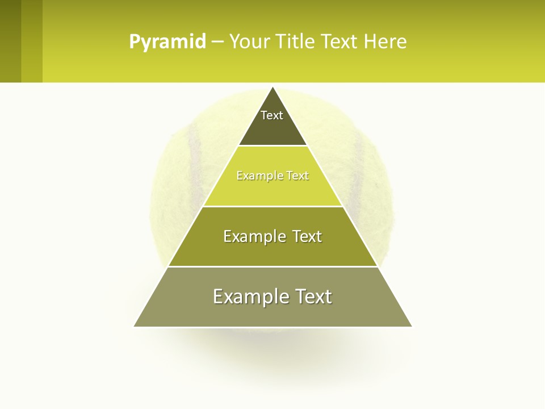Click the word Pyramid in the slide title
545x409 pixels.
pos(167,41)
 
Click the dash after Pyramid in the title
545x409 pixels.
pos(217,42)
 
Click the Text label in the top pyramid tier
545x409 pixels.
pos(272,115)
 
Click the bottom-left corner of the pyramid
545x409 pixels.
pos(135,326)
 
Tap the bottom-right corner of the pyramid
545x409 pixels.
pos(412,326)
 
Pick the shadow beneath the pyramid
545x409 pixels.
pos(272,347)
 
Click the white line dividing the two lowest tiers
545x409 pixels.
pos(272,266)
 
